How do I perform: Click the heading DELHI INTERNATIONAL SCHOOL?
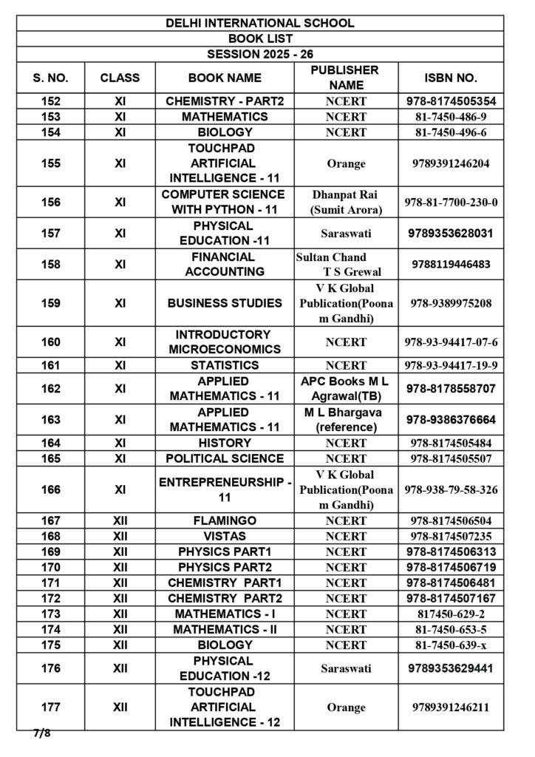point(260,23)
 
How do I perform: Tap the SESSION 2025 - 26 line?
point(260,54)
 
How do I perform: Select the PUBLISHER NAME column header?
point(345,78)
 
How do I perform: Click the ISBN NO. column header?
point(451,78)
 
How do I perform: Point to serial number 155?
point(52,163)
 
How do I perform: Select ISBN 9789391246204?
point(451,163)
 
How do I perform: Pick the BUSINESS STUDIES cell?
point(225,303)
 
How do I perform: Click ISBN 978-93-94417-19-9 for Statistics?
point(451,365)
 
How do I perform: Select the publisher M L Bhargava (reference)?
point(345,419)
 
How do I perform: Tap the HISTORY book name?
point(225,443)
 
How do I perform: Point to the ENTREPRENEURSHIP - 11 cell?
point(225,489)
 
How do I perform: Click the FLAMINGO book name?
point(225,520)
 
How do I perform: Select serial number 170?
point(52,567)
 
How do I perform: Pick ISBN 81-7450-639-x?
point(451,645)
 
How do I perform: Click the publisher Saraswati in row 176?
point(345,668)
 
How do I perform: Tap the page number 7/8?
point(41,734)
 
